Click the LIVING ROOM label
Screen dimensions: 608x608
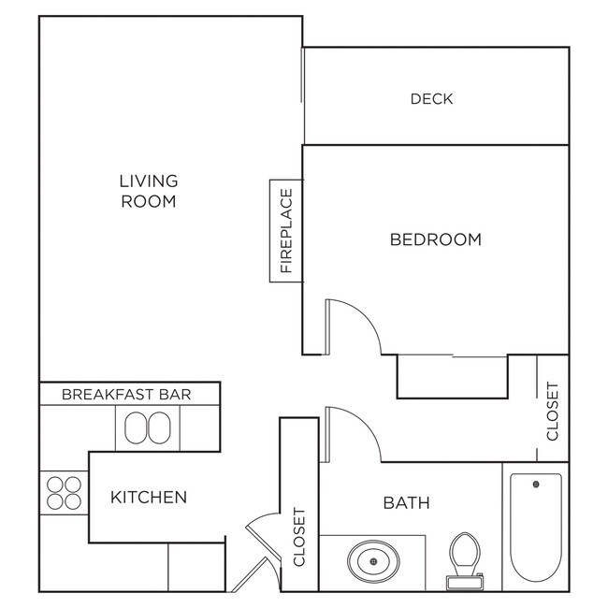pos(149,191)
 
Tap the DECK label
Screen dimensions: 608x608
pos(431,98)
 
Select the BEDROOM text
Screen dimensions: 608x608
pos(435,239)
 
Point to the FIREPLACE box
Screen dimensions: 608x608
pos(285,230)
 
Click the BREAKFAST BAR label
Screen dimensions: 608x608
pos(126,394)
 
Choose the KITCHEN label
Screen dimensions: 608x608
pos(149,497)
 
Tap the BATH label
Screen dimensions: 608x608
pos(407,503)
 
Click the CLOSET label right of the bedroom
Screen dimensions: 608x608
pos(552,411)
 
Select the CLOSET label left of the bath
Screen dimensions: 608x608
pos(299,538)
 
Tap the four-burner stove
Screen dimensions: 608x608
pos(64,492)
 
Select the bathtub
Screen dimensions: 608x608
pos(535,528)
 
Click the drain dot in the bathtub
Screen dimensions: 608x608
pos(536,485)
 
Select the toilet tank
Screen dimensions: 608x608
pos(464,582)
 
